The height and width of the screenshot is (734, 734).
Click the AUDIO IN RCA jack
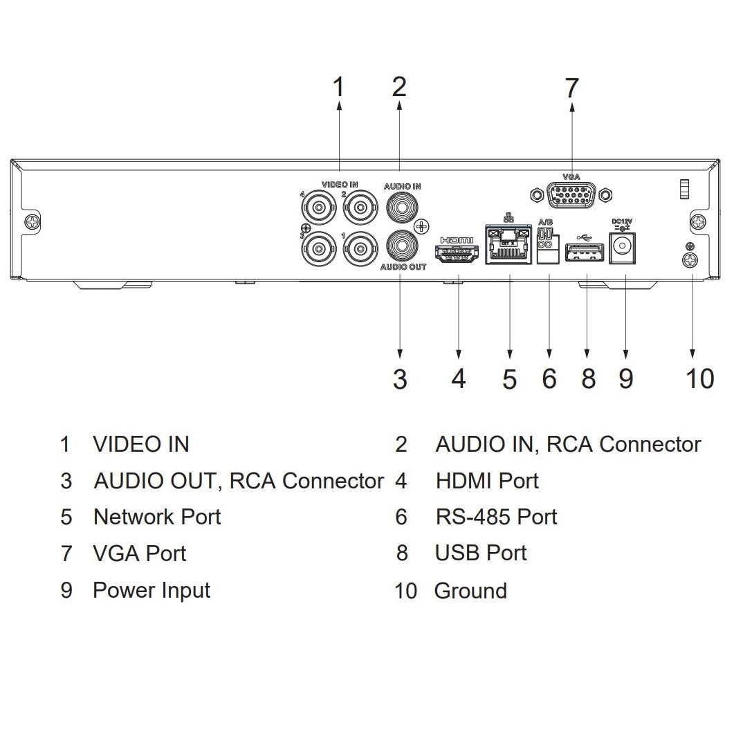[402, 206]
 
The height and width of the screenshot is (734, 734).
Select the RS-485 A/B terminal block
[547, 247]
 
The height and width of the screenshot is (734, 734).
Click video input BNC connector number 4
[319, 206]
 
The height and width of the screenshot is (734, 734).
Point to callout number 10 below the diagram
[699, 378]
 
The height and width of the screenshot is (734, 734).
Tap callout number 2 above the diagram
[398, 87]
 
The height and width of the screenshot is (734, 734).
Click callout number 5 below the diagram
[509, 378]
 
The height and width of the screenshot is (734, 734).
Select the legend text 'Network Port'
[157, 517]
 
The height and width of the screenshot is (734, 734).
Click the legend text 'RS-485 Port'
[496, 517]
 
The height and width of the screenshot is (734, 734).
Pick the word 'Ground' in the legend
[470, 591]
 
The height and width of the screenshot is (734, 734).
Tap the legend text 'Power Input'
[152, 590]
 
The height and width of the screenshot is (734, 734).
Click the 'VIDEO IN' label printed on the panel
[340, 185]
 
